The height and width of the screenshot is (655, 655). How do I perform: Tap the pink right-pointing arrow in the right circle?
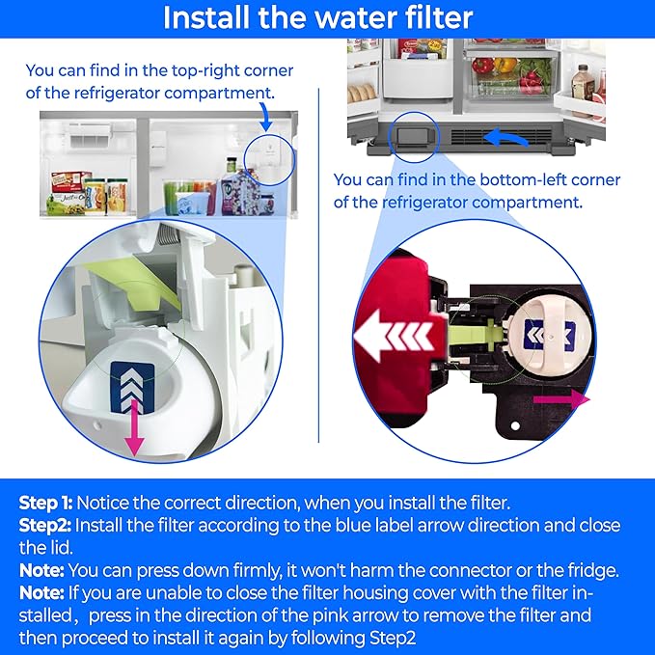tap(575, 396)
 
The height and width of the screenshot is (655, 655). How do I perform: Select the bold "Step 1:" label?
tap(45, 503)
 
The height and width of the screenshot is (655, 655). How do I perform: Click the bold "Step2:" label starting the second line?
tap(44, 525)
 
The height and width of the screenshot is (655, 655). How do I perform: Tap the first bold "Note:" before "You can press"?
tap(42, 569)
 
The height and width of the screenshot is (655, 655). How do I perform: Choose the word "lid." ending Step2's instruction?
tap(33, 547)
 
